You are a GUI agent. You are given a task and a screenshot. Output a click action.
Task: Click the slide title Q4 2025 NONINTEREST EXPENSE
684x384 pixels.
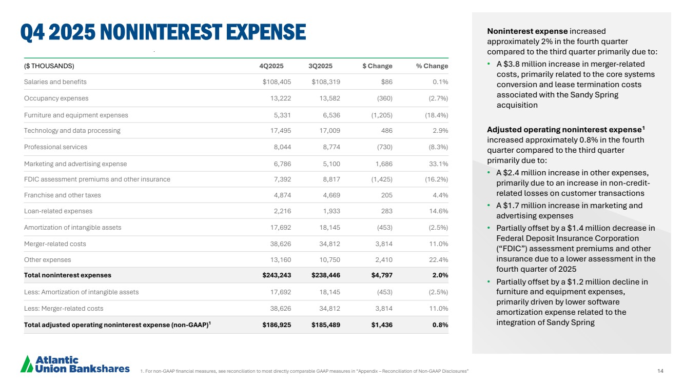pos(163,32)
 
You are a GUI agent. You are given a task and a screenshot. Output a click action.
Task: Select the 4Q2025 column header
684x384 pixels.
pos(271,66)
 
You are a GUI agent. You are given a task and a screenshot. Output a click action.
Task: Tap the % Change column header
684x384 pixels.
pos(432,66)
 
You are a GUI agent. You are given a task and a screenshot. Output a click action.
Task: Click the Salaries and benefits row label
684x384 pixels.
pos(55,82)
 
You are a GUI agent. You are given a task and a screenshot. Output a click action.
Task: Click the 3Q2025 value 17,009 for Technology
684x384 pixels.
pos(329,131)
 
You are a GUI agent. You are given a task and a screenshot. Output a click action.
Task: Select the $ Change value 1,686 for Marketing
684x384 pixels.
pos(382,164)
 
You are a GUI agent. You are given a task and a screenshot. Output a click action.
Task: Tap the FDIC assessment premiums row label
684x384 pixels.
pos(97,179)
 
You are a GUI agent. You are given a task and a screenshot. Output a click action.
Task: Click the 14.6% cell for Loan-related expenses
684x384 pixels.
pos(439,211)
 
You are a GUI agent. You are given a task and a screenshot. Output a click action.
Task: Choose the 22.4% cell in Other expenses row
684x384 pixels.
pos(438,260)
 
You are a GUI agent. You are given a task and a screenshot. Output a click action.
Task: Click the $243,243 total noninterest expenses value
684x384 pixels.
pos(277,275)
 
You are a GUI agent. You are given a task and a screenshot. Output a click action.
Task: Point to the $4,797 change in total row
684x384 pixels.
pos(382,275)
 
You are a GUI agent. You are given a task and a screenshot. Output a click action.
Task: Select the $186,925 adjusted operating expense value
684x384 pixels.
pos(277,325)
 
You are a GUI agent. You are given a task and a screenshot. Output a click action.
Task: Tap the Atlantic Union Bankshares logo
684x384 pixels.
pos(75,363)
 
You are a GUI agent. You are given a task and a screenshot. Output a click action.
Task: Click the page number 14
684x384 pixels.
pos(660,371)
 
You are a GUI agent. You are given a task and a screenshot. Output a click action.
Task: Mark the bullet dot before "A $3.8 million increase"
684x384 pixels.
pos(490,64)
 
